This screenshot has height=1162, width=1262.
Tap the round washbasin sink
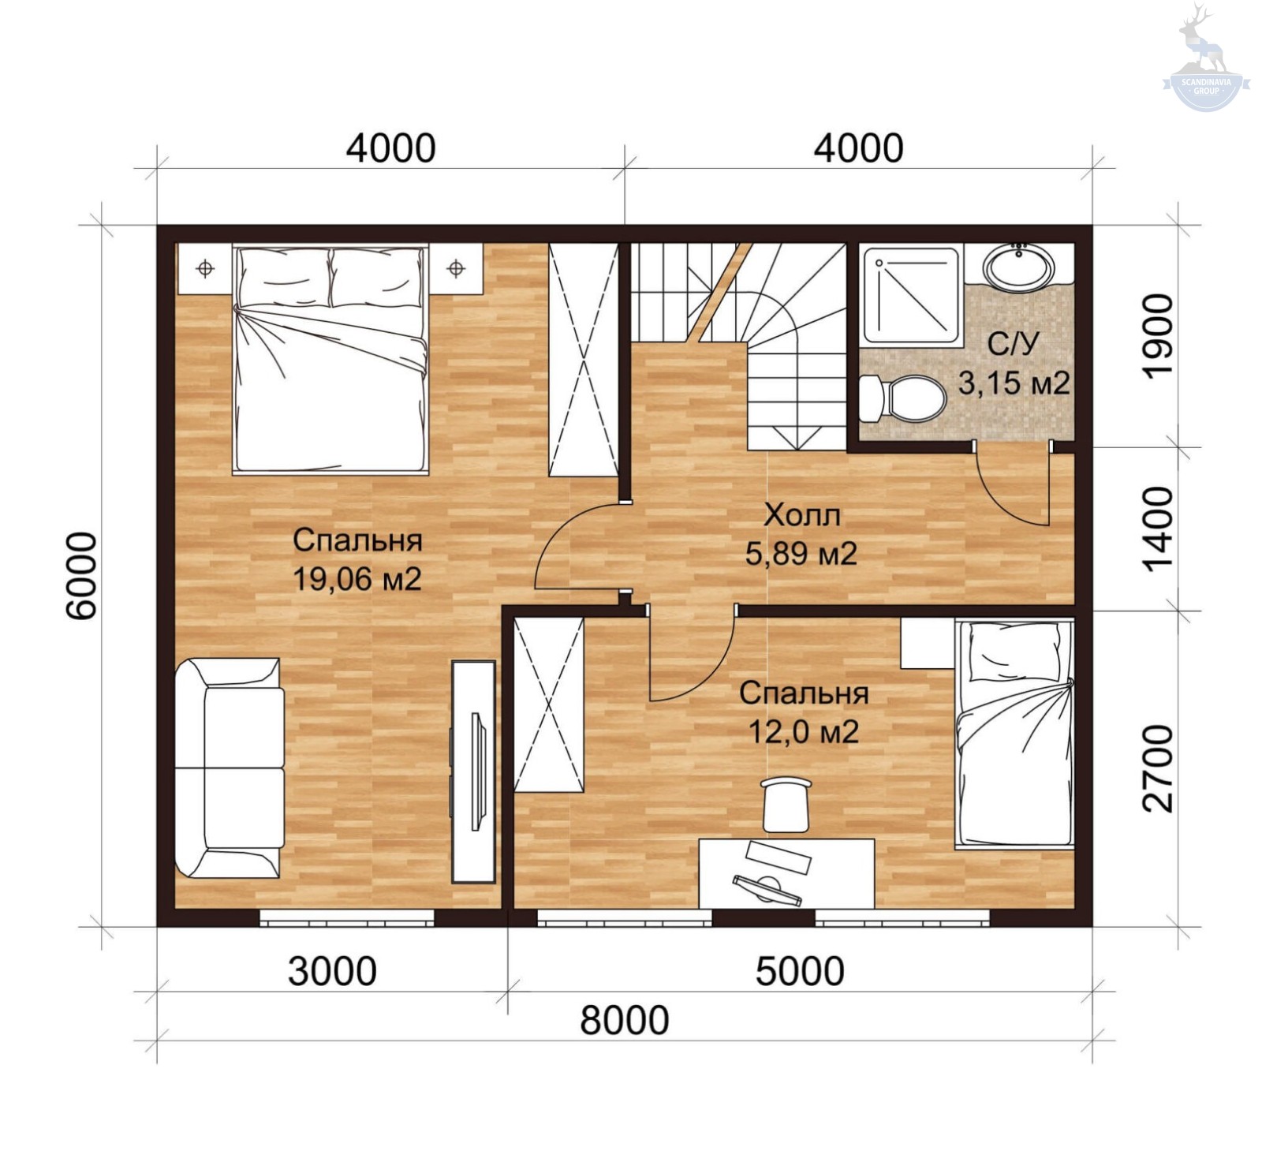click(x=1018, y=267)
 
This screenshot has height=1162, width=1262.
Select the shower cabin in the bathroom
click(x=911, y=295)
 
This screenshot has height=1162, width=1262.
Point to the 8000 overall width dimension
click(x=625, y=1019)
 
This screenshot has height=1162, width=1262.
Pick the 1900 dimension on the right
click(x=1158, y=336)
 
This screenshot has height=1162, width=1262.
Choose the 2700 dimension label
click(x=1158, y=768)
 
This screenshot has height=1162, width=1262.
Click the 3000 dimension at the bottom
click(x=332, y=971)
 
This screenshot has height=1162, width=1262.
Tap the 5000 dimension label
click(x=800, y=971)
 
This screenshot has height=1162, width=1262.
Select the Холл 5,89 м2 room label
click(x=801, y=534)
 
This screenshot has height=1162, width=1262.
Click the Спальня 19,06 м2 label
click(x=357, y=559)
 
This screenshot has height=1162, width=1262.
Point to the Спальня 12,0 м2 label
click(x=804, y=712)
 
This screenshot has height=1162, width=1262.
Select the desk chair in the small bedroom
click(x=786, y=803)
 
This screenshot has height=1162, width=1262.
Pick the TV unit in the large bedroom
click(x=473, y=772)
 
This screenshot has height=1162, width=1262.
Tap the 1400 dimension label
click(x=1158, y=529)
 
